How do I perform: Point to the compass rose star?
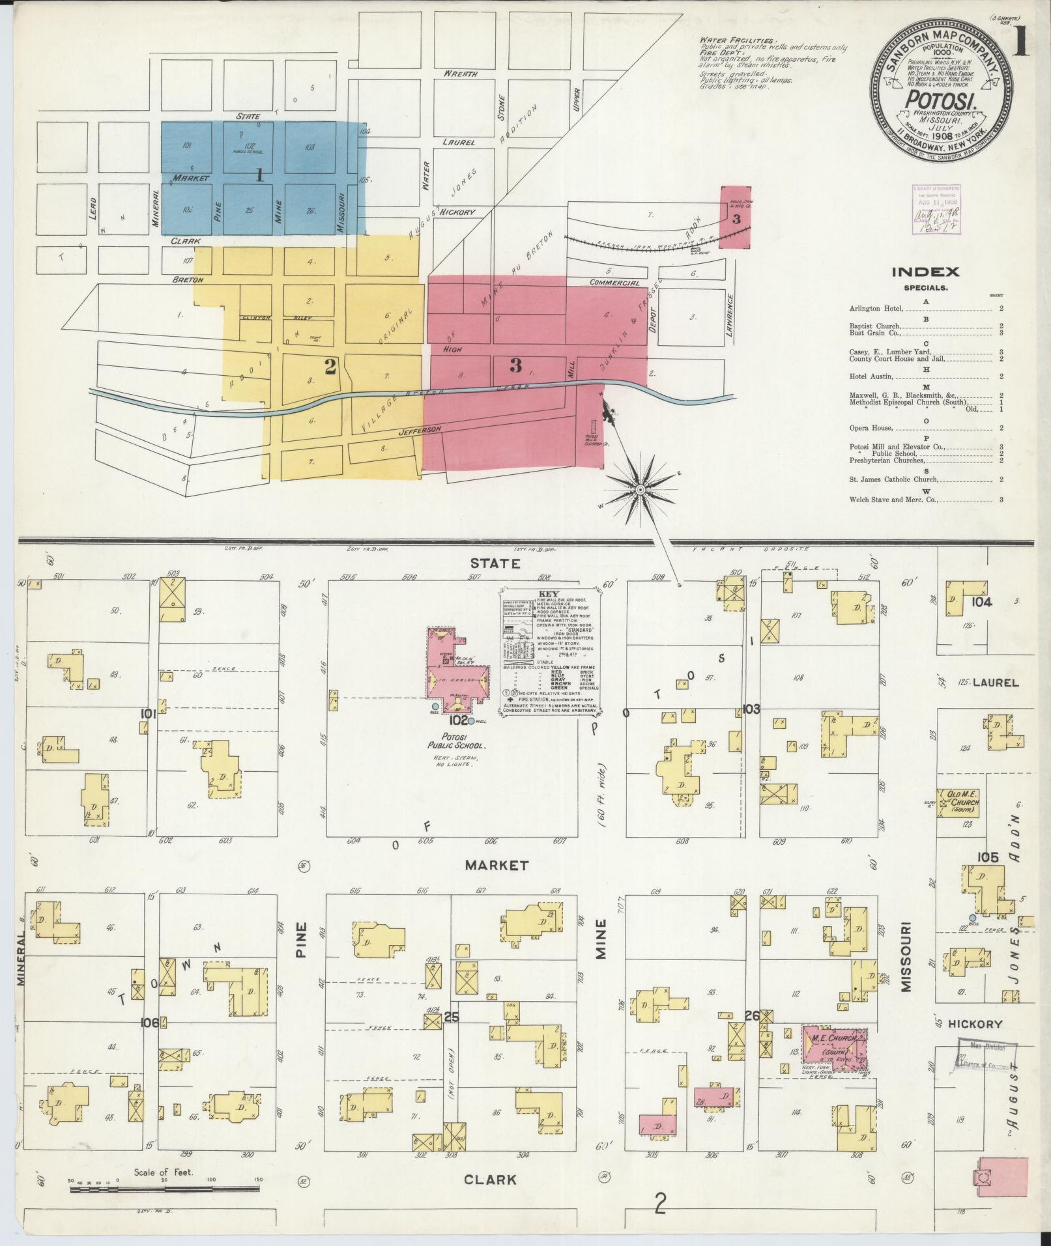pos(641,488)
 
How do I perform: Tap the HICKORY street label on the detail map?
pos(975,1025)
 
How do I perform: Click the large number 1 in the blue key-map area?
pos(259,174)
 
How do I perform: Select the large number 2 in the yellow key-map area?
pos(330,367)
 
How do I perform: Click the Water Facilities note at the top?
pos(727,40)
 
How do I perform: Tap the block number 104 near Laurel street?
pos(981,602)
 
